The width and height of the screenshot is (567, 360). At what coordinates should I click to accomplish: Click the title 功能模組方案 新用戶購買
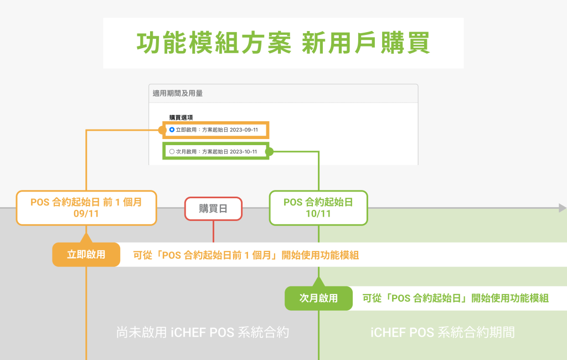tap(283, 43)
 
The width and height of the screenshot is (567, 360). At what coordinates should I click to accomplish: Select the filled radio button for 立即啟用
tap(172, 130)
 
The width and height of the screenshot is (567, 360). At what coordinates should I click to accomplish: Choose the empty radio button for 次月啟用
tap(172, 151)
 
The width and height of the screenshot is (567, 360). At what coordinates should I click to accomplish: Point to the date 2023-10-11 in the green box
tap(243, 151)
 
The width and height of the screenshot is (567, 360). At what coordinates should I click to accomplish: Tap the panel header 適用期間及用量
tap(178, 94)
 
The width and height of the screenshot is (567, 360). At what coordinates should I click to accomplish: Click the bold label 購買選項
tap(182, 117)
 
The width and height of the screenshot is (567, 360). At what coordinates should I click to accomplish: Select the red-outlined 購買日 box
tap(213, 208)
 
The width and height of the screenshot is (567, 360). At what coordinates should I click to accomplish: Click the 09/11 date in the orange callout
tap(86, 214)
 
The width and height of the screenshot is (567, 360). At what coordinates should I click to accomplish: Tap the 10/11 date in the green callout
tap(318, 214)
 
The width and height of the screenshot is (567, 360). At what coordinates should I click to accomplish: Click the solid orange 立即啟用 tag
tap(86, 255)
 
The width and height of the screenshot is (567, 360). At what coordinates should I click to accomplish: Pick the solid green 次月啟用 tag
tap(318, 298)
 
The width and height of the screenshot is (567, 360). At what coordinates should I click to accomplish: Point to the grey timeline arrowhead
tap(562, 208)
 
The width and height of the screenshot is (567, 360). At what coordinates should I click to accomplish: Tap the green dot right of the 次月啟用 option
tap(269, 151)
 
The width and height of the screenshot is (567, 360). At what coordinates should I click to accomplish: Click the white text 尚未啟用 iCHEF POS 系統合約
tap(203, 332)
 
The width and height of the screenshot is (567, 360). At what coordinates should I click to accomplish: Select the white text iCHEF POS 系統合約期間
tap(442, 332)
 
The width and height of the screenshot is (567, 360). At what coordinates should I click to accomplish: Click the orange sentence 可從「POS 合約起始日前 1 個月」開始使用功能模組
tap(246, 255)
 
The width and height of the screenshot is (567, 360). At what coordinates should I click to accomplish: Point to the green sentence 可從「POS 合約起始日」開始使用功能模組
tap(455, 298)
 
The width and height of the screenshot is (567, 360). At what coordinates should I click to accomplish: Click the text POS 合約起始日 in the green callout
tap(318, 202)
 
